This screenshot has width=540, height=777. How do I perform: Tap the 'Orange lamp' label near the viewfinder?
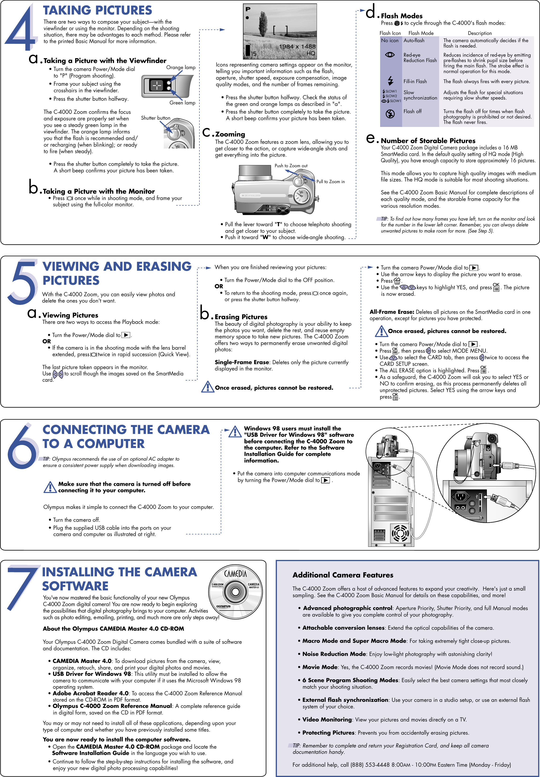point(181,67)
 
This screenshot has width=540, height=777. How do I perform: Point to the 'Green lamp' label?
point(182,103)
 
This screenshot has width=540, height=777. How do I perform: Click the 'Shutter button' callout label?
point(156,118)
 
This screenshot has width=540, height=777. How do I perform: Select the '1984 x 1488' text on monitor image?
point(297,46)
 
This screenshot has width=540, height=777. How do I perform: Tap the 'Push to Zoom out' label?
point(291,166)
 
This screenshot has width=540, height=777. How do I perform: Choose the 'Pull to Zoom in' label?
point(331,182)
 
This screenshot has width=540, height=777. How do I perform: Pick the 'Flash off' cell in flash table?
point(412,111)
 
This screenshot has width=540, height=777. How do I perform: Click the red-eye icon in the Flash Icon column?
point(390,55)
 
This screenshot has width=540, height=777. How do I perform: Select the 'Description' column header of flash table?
point(479,33)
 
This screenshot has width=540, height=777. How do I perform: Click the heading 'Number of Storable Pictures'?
point(428,141)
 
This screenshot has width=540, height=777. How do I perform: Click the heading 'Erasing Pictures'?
point(241,317)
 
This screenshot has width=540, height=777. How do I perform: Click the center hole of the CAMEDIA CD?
point(235,592)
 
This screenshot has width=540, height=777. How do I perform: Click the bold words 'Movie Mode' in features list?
point(320,667)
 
